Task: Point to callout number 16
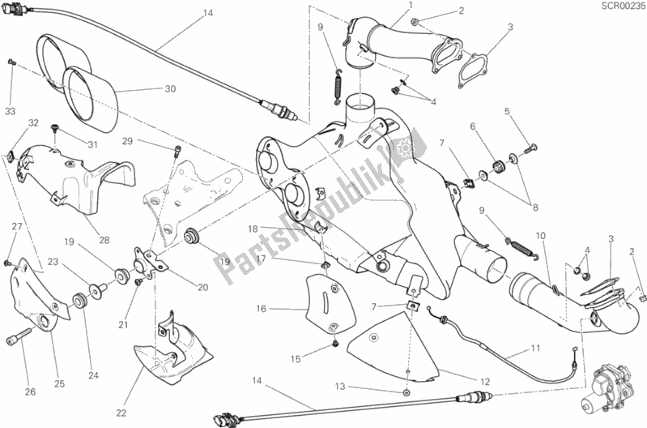[262, 309]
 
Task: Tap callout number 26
[30, 393]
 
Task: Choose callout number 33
[11, 110]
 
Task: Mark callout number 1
[411, 6]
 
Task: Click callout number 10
[541, 235]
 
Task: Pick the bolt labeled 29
[176, 150]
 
